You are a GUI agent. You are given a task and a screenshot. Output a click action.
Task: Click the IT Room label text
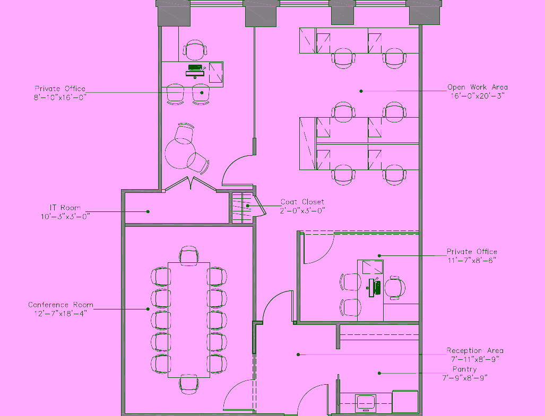(65, 208)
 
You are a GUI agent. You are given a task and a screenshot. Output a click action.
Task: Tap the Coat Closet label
(302, 202)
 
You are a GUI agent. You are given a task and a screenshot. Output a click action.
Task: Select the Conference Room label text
(61, 305)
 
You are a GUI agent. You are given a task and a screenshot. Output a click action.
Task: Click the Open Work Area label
(478, 87)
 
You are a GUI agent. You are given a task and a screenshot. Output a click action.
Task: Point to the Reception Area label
(475, 350)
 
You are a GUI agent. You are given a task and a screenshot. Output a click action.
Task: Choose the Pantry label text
(465, 369)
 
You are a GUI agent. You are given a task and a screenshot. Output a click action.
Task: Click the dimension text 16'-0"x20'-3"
(478, 96)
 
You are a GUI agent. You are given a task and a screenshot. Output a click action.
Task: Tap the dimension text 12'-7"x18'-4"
(61, 314)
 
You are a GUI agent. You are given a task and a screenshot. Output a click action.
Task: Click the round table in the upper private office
(179, 153)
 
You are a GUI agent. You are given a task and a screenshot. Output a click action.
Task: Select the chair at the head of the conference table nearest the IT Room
(189, 255)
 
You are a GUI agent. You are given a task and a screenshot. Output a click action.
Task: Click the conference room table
(189, 320)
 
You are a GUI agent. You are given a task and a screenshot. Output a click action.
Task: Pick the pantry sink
(366, 403)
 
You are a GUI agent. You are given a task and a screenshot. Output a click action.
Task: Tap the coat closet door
(259, 206)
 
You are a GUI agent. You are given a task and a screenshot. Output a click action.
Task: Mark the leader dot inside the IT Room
(148, 211)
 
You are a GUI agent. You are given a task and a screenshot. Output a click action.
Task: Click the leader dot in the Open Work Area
(361, 91)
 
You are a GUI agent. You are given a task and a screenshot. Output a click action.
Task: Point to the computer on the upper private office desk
(195, 71)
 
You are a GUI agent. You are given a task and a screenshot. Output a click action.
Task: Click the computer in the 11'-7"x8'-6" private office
(374, 288)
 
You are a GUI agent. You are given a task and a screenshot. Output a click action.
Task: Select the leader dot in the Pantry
(379, 373)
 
